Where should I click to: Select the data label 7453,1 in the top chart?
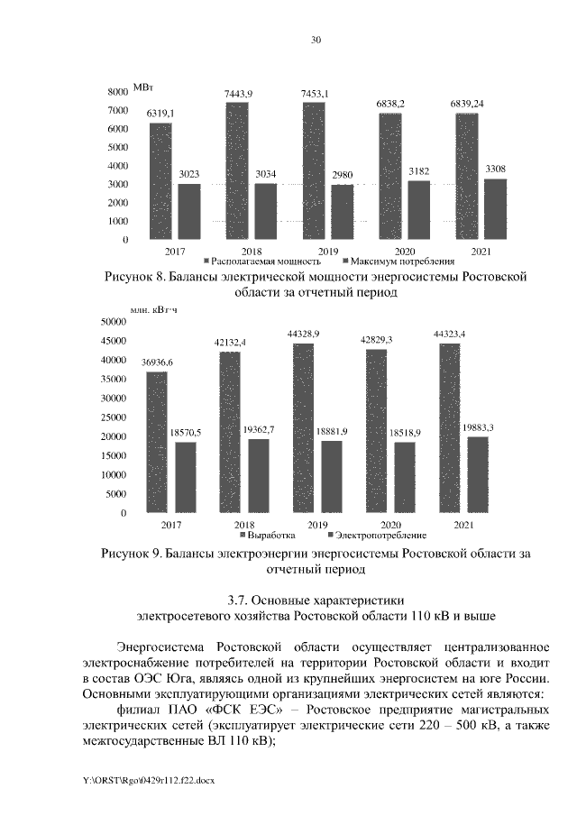point(314,94)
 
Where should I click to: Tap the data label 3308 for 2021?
point(495,169)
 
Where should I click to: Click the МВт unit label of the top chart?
point(143,86)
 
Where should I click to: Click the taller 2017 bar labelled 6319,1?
point(160,180)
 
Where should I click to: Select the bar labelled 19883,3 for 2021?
point(478,474)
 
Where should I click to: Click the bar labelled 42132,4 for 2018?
point(230,432)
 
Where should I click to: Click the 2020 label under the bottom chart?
point(390,524)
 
